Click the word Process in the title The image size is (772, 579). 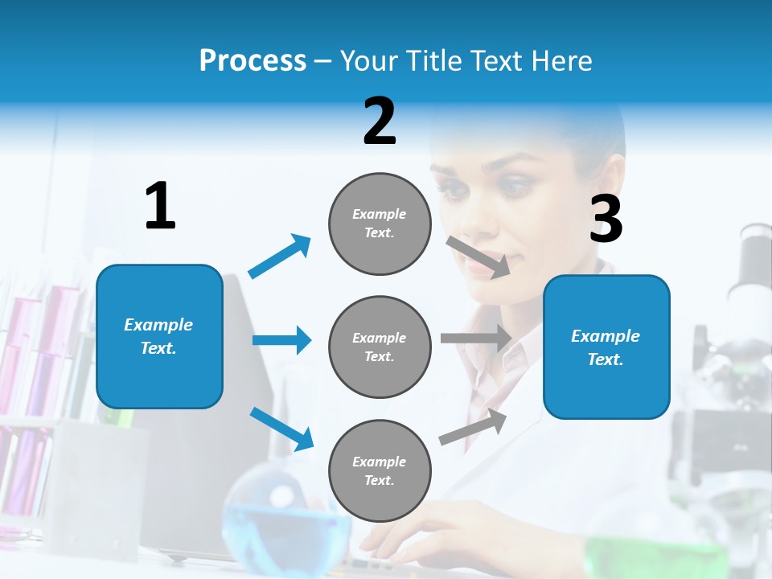coord(253,61)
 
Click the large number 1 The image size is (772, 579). coord(160,206)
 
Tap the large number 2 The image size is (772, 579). coord(380,121)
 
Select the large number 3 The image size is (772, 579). coord(606,220)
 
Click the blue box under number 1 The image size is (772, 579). coord(159,336)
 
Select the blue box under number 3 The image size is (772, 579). coord(606,347)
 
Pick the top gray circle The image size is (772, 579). coord(380,224)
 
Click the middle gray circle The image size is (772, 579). coord(380,347)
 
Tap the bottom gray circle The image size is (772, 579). coord(380,470)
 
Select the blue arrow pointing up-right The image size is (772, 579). coord(280,257)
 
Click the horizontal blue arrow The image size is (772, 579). coord(281,340)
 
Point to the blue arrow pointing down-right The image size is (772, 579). coord(281,429)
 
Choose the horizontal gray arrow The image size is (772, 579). coord(475,339)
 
